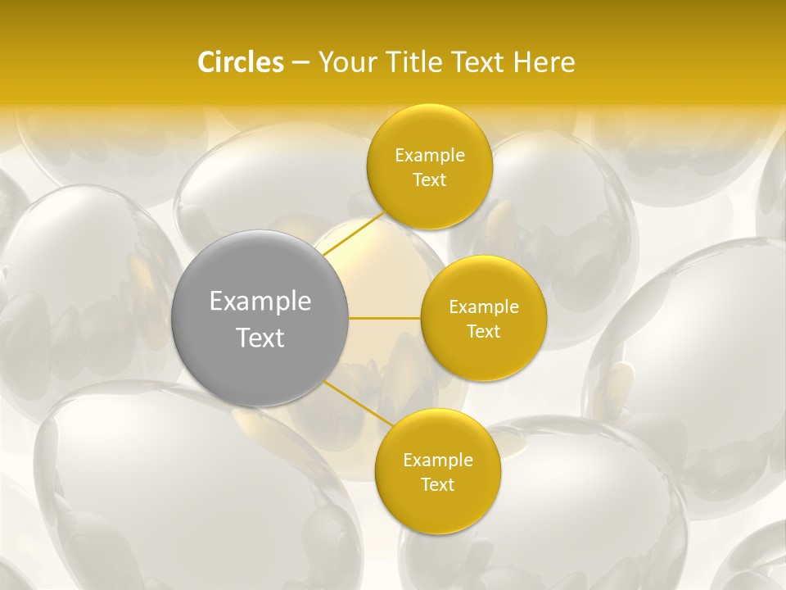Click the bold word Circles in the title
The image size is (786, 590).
point(241,62)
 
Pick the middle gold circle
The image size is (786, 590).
point(483,356)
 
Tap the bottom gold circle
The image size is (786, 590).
point(437,508)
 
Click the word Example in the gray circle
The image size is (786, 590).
point(260,302)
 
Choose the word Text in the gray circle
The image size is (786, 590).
point(260,338)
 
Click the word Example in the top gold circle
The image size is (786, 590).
point(430,156)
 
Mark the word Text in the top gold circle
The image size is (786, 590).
point(429,180)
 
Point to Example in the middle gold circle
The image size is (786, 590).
point(484,307)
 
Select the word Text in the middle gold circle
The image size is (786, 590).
point(483,332)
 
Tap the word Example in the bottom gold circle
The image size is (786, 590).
point(438,461)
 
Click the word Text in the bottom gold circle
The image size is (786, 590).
point(437,485)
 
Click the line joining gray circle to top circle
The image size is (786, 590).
point(353,234)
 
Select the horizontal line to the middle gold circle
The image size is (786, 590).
point(385,318)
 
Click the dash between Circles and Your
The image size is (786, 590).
point(300,62)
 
